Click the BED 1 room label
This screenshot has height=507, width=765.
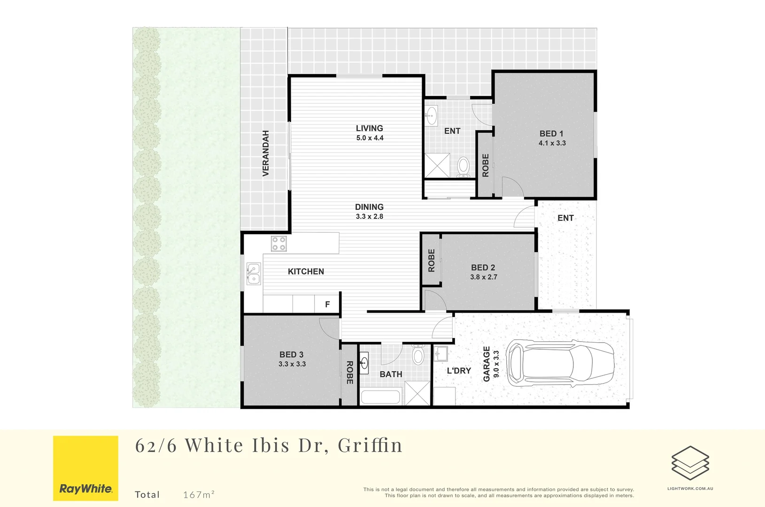pos(551,134)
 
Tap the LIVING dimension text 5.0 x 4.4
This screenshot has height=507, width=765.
pos(370,138)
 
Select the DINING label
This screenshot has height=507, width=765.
pos(369,207)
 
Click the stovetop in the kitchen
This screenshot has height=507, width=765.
pos(278,244)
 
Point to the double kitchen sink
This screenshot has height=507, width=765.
pos(253,274)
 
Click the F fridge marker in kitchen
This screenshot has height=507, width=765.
pos(327,305)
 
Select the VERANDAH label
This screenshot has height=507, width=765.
pos(266,154)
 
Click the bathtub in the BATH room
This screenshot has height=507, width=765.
pos(380,397)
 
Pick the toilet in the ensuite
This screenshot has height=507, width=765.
pos(464,167)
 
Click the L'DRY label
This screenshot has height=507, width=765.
pos(458,371)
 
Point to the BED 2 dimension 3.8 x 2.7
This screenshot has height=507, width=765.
pos(483,277)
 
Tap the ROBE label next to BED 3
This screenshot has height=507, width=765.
pos(349,372)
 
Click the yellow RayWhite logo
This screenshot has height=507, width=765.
pos(85,468)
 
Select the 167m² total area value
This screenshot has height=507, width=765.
pos(199,494)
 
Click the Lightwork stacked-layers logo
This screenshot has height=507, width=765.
pos(690,463)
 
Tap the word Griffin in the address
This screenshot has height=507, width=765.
pos(370,445)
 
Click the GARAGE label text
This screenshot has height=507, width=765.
pos(487,364)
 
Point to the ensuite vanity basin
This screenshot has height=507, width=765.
pos(431,115)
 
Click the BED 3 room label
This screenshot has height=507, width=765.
pos(291,355)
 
